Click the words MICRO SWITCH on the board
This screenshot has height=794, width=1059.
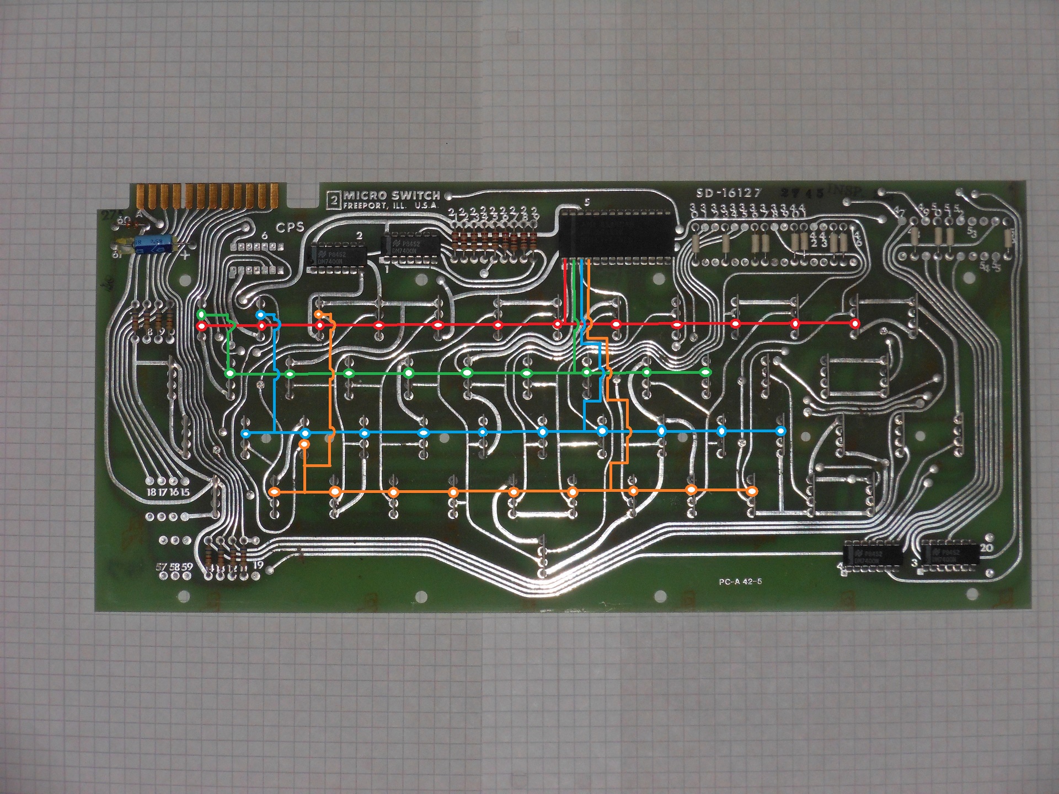tap(392, 196)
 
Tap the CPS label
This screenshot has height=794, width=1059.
tap(290, 227)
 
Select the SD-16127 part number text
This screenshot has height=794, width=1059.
tap(728, 193)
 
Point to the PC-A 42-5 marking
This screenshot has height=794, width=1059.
tap(740, 582)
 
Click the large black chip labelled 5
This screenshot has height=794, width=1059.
tap(617, 234)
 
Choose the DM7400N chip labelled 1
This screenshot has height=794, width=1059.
tap(410, 246)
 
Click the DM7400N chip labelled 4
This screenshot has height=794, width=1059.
tap(873, 555)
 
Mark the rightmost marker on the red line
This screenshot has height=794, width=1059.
tap(854, 323)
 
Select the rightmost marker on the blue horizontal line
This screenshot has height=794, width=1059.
tap(780, 431)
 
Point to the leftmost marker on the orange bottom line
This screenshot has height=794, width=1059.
tap(274, 491)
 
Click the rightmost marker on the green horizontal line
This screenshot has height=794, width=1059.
tap(705, 373)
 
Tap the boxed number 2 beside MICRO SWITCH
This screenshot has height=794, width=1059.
tap(333, 199)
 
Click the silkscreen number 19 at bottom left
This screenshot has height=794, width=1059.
tap(258, 565)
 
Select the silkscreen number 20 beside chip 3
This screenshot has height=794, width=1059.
tap(986, 548)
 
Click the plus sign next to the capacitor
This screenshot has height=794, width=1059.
tap(185, 255)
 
